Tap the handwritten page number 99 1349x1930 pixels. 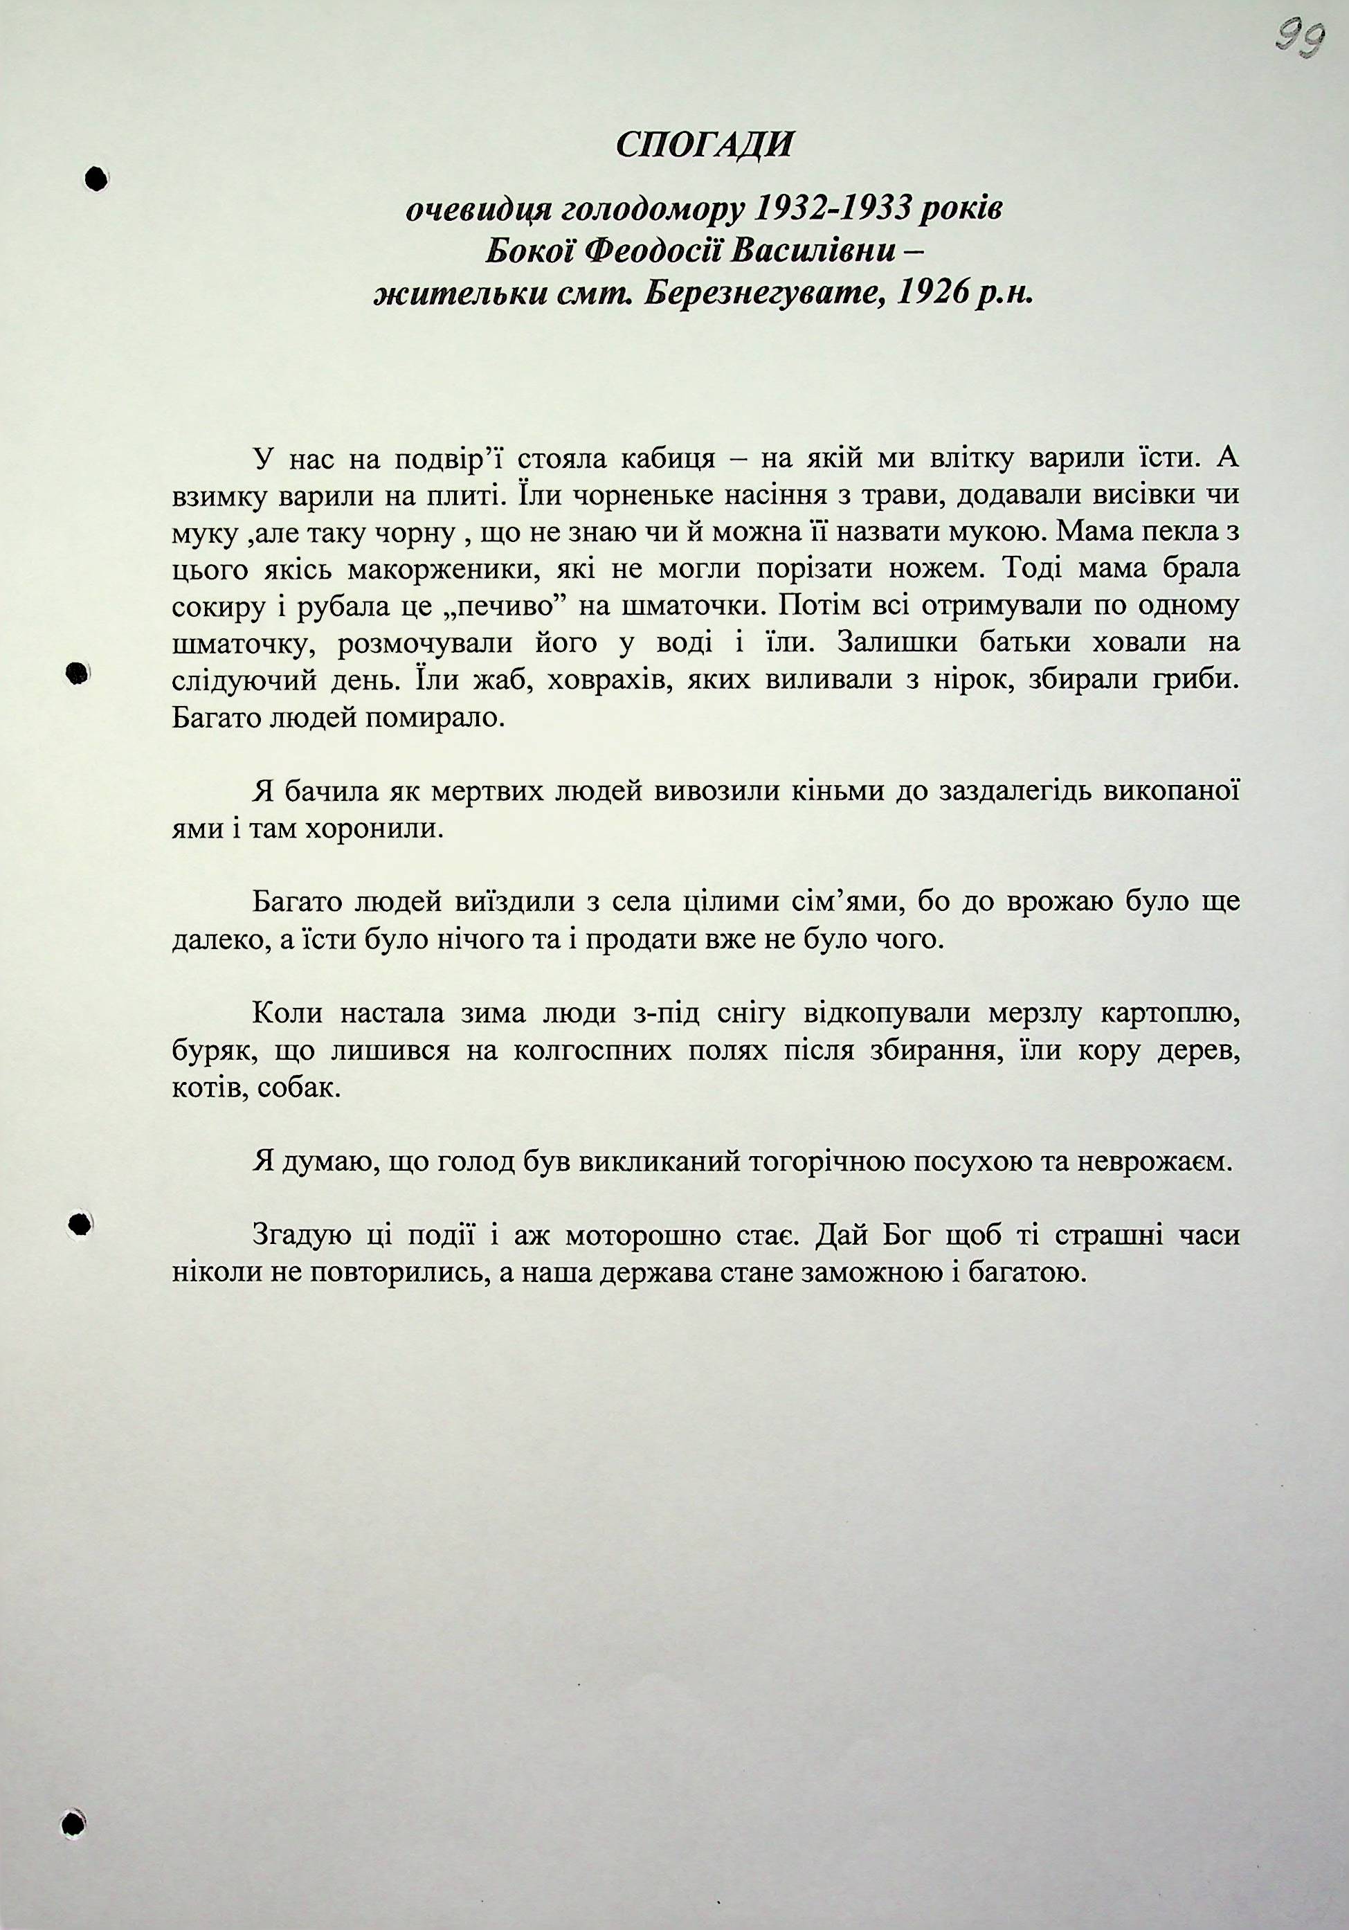[1301, 37]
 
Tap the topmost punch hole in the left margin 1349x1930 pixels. [97, 178]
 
